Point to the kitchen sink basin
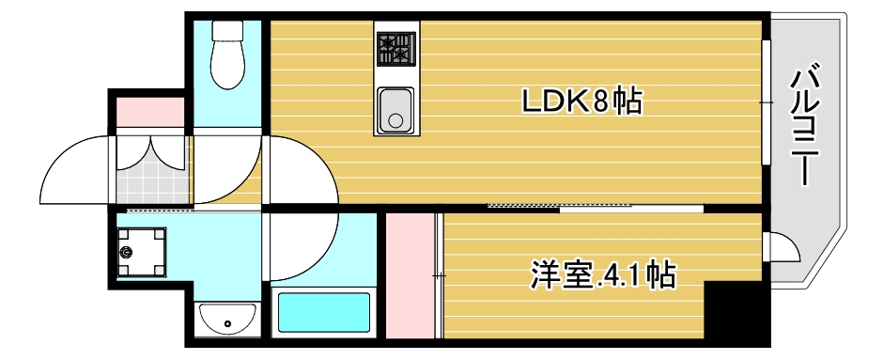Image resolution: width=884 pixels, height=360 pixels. pos(395,110)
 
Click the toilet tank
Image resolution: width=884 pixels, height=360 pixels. pos(228,30)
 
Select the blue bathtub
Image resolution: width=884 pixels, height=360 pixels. pos(324,313)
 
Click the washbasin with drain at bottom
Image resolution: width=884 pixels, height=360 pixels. pos(227,320)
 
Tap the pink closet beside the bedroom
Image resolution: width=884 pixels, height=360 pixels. pos(411,277)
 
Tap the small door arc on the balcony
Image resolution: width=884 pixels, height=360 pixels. pos(783,247)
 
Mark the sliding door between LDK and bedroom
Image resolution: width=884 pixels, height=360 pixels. pos(592,205)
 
